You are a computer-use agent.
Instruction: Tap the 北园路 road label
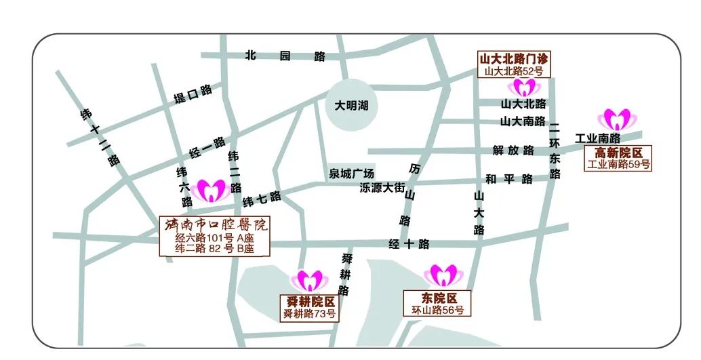pos(285,56)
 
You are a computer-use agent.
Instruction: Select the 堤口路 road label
pos(193,94)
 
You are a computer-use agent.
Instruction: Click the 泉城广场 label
pos(352,174)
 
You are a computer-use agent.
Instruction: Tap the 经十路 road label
pos(409,245)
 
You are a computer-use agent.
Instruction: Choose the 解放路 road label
pos(513,150)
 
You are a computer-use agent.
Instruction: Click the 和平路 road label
pos(509,180)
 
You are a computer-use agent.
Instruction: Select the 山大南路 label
pos(523,121)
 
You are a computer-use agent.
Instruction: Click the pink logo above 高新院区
pos(618,119)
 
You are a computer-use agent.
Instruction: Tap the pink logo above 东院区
pos(441,275)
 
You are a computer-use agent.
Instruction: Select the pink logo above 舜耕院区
pos(308,280)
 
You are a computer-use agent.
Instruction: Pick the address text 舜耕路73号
pos(309,314)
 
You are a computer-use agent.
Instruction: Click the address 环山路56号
pos(438,310)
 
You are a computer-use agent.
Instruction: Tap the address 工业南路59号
pos(618,164)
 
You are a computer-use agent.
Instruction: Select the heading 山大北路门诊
pos(513,58)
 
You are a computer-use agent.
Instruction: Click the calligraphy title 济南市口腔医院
pos(215,224)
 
